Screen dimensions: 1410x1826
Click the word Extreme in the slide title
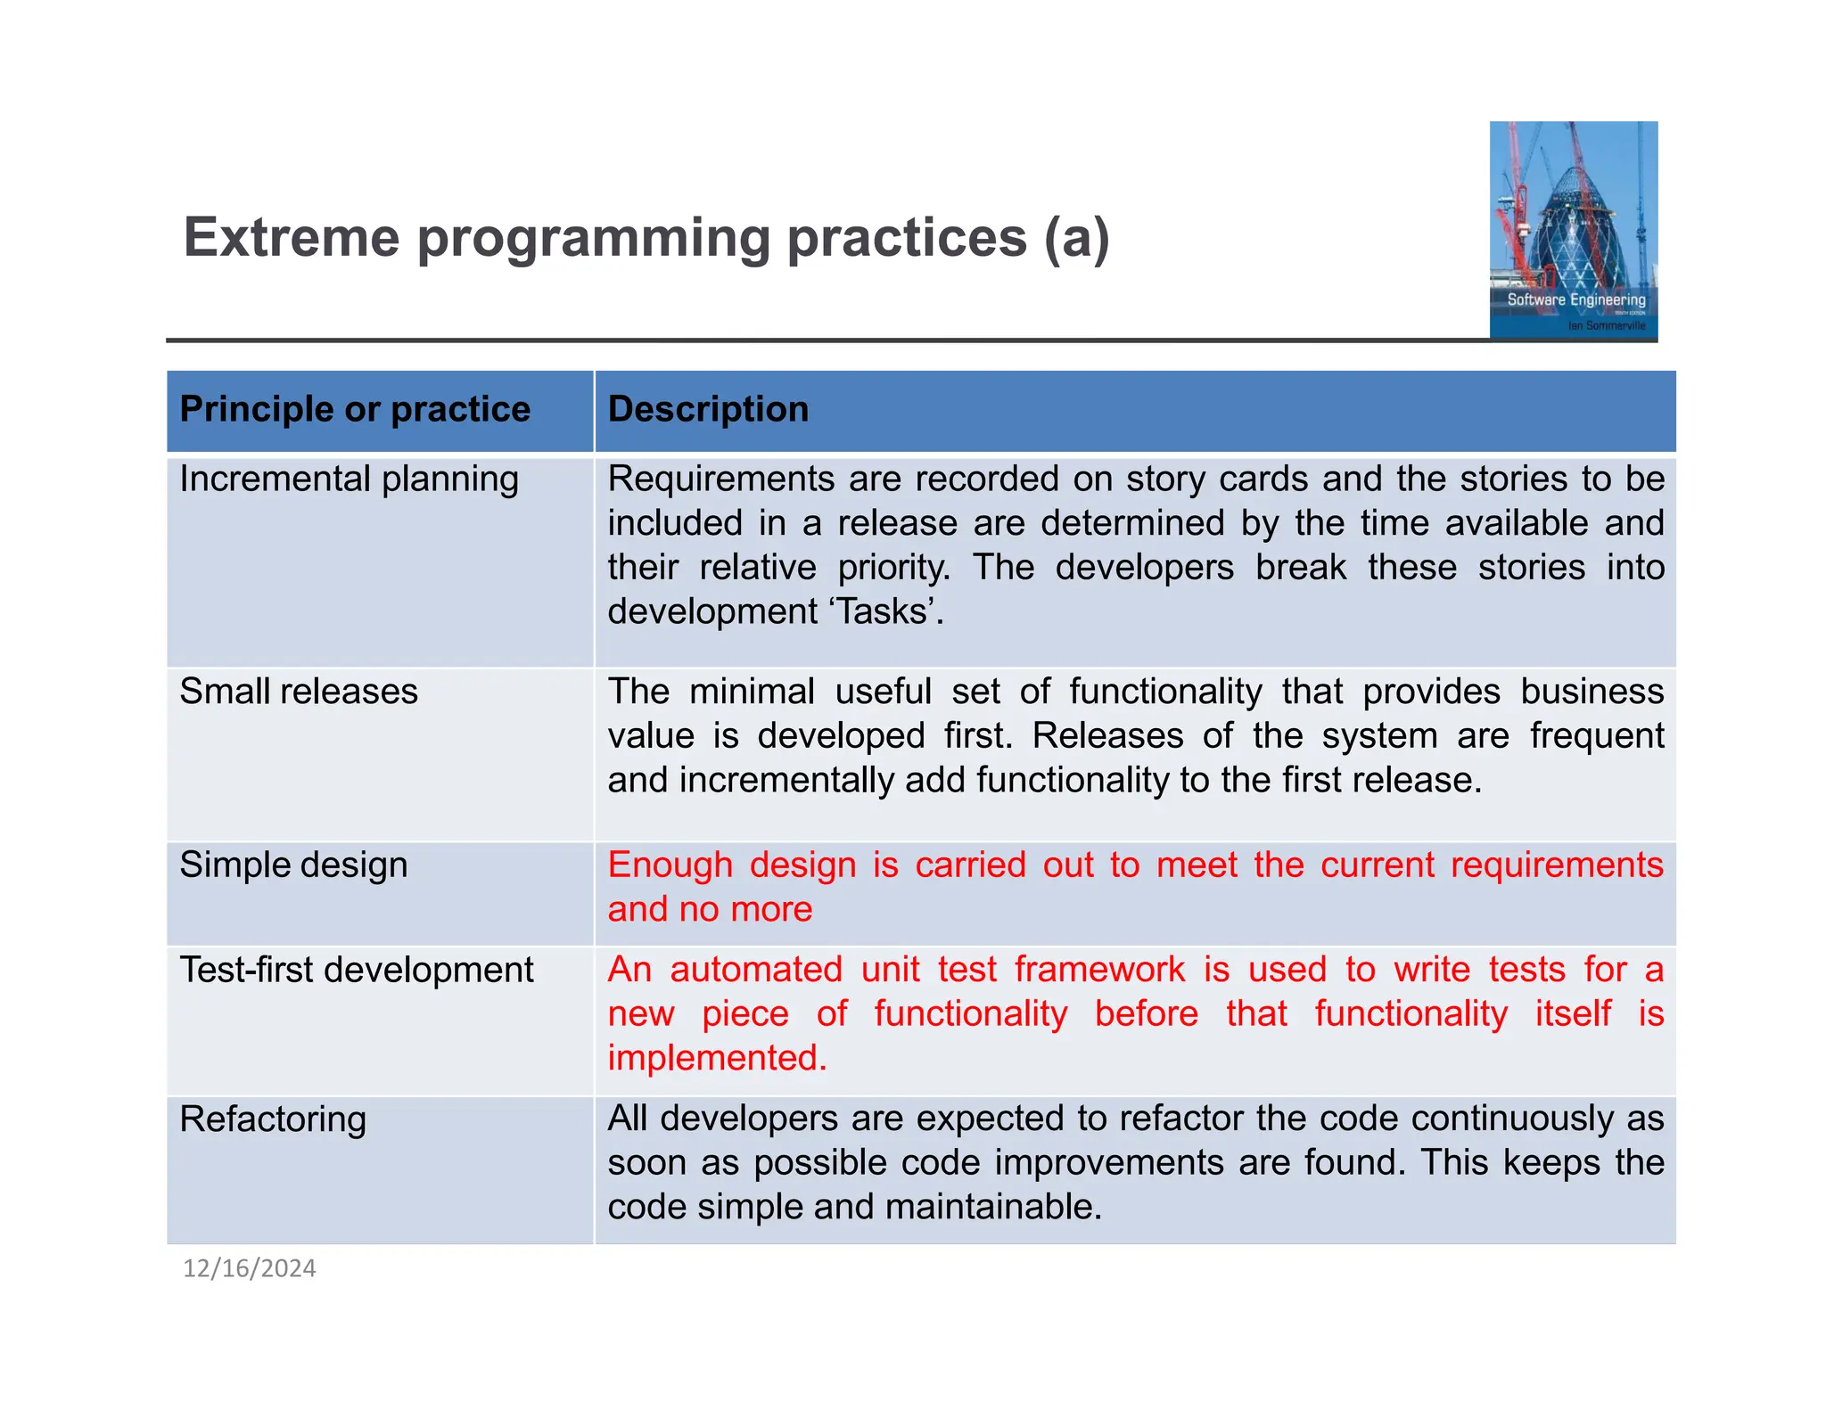click(292, 238)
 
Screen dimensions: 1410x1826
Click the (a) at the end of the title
click(1077, 238)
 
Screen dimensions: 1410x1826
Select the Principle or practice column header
click(355, 409)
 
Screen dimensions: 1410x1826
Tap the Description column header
click(708, 409)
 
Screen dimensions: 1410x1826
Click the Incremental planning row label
click(349, 480)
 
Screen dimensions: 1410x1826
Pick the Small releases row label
click(299, 692)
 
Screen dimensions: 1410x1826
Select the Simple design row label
click(293, 865)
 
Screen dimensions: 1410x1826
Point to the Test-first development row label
click(357, 970)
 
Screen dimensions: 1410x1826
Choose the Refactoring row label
click(273, 1119)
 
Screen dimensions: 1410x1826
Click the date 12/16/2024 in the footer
click(250, 1268)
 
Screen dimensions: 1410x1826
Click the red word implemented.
click(717, 1058)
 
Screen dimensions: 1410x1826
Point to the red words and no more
click(710, 910)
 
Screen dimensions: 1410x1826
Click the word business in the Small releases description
click(1592, 692)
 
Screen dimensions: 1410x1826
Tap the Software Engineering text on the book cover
click(1575, 299)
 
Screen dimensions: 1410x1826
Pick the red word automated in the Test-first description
click(756, 970)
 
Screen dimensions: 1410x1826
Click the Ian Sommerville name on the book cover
click(1607, 325)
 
